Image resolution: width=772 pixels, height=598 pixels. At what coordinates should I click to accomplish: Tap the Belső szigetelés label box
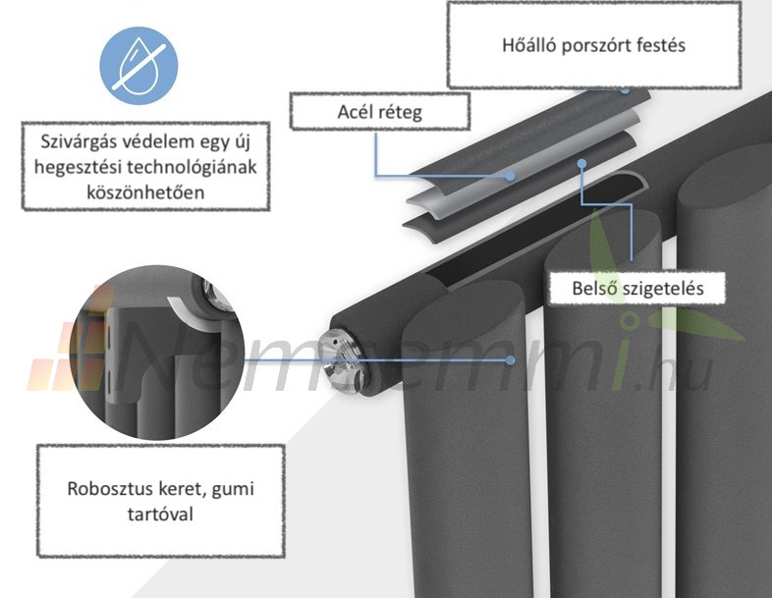click(637, 290)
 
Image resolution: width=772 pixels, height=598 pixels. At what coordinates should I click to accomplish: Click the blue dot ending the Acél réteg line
click(510, 177)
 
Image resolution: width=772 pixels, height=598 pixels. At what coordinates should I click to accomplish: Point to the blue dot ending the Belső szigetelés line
click(581, 163)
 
